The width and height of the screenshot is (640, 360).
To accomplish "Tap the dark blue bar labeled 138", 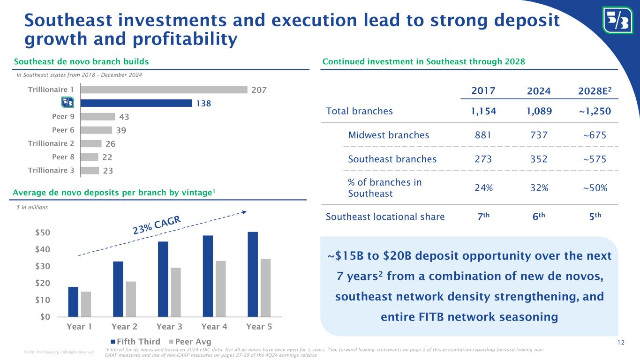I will pyautogui.click(x=136, y=103).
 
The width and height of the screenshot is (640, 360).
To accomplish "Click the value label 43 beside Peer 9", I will pyautogui.click(x=123, y=116).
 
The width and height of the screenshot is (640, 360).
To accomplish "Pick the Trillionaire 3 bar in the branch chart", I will pyautogui.click(x=90, y=171).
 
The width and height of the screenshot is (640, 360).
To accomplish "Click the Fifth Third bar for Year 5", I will pyautogui.click(x=253, y=274).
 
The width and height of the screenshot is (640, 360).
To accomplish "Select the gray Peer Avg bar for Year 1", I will pyautogui.click(x=86, y=304).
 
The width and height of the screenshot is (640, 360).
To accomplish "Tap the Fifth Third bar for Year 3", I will pyautogui.click(x=163, y=279).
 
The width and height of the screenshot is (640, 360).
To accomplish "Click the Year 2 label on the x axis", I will pyautogui.click(x=124, y=327).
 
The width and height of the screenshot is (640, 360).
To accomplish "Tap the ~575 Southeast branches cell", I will pyautogui.click(x=594, y=159).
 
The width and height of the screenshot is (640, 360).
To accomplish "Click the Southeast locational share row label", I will pyautogui.click(x=385, y=217).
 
